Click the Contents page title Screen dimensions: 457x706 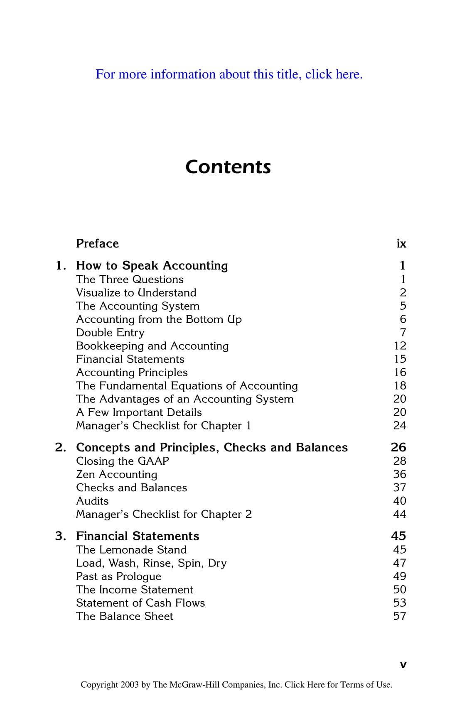(228, 167)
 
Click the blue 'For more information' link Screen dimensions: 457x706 (229, 74)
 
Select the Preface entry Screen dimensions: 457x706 (97, 243)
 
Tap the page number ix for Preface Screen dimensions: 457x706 (401, 243)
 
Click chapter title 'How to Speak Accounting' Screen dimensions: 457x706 (152, 265)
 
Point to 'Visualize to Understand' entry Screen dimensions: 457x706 (136, 293)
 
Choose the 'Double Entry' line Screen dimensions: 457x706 (110, 333)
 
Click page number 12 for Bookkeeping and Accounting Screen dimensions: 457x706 (400, 346)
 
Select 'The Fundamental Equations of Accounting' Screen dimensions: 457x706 (187, 386)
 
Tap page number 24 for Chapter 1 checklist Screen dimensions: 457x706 (400, 426)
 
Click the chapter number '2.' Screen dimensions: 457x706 (61, 447)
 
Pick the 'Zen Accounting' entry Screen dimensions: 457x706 (117, 474)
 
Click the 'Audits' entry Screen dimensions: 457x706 (92, 501)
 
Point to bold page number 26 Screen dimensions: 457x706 (398, 447)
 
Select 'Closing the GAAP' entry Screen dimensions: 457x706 (123, 461)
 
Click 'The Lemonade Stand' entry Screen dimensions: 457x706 (131, 550)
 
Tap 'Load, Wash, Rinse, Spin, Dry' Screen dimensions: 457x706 (151, 563)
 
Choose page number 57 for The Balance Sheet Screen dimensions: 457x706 (400, 616)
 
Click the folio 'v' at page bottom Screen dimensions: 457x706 (403, 665)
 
